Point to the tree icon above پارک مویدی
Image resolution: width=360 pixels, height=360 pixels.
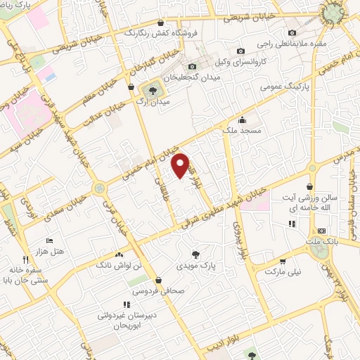click(x=195, y=255)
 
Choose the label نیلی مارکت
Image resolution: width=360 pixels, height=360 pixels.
click(x=285, y=270)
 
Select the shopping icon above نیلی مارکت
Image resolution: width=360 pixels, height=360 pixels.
click(x=283, y=259)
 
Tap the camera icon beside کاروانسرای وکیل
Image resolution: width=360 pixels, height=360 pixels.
click(x=240, y=51)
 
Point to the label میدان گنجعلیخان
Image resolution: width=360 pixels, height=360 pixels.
click(x=194, y=76)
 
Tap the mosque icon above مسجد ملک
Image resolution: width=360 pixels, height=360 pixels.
click(x=243, y=119)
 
